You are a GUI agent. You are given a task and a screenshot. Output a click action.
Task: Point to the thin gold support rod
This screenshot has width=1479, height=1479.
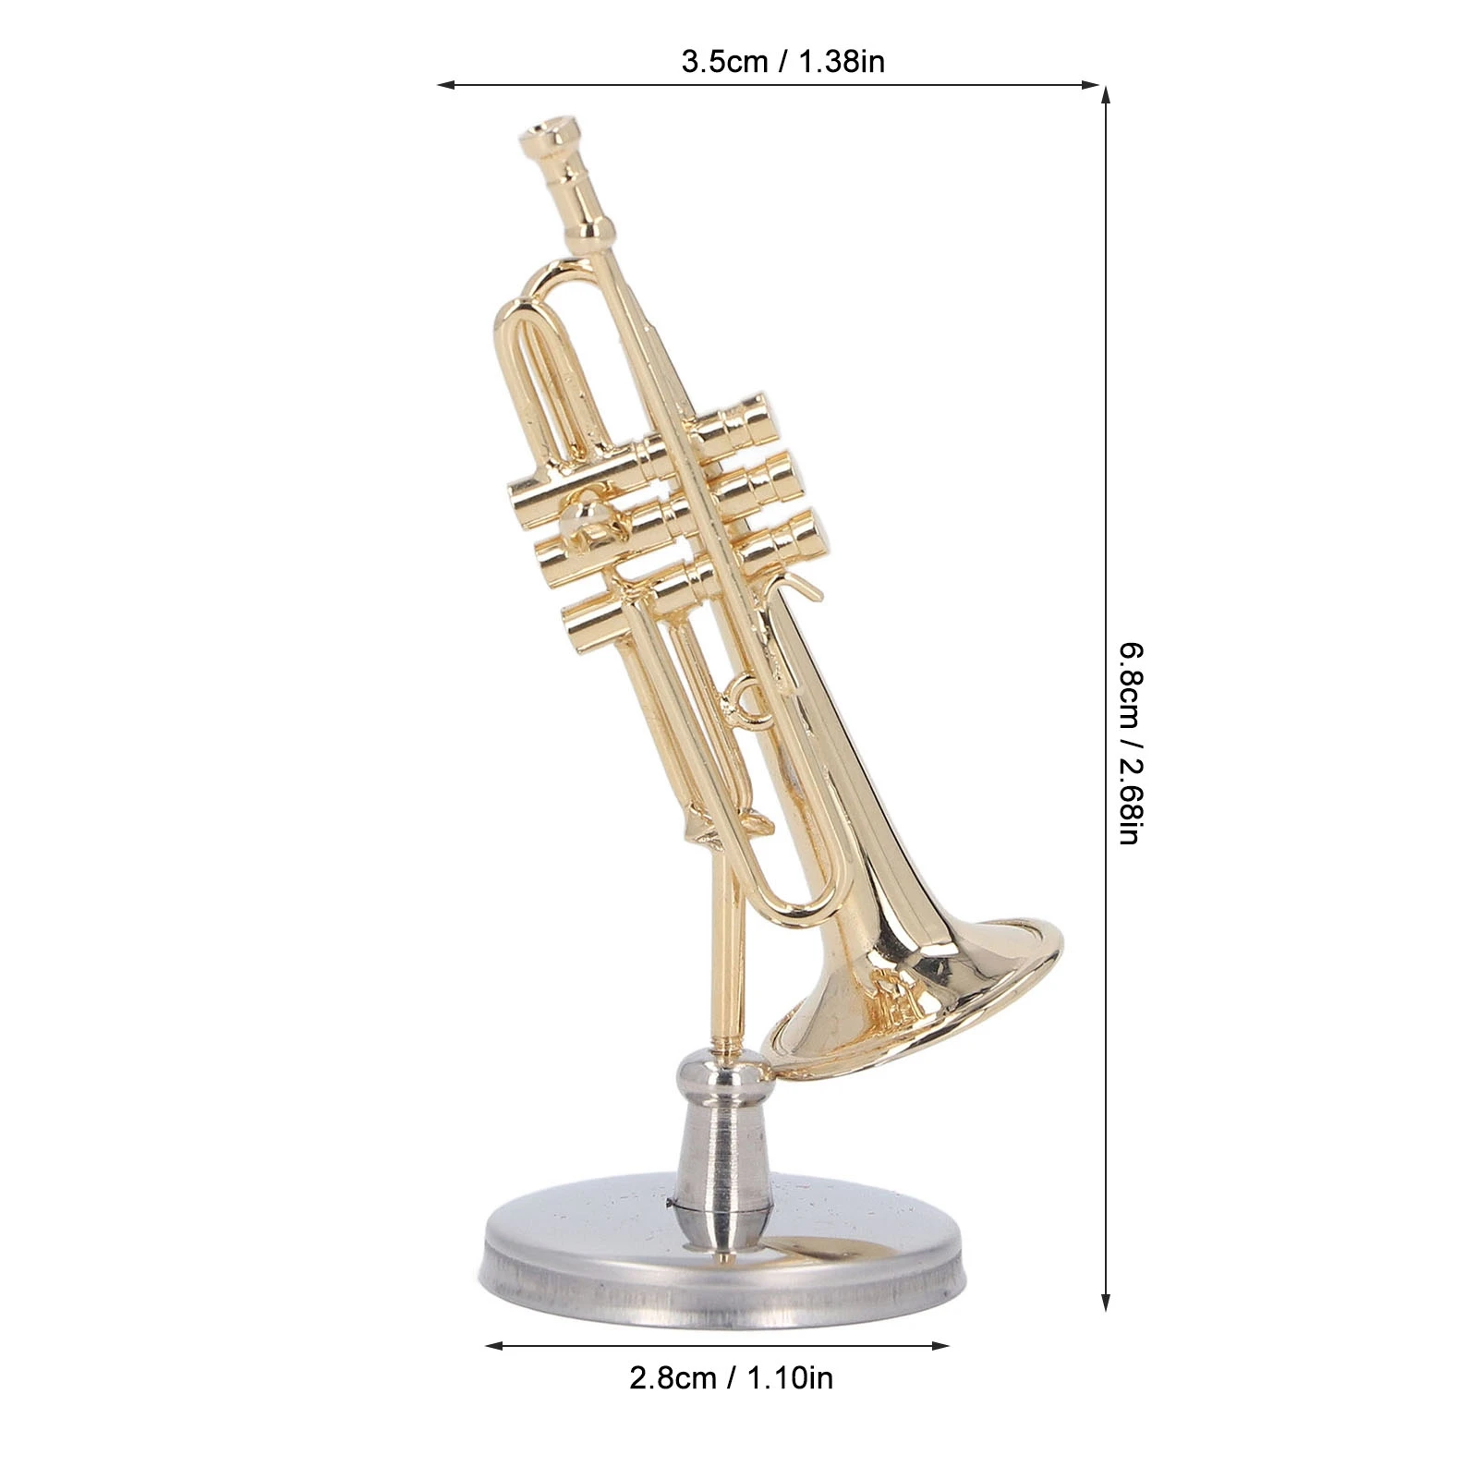[x=725, y=961]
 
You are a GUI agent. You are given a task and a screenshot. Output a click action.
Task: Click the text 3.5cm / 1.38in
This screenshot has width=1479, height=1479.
[x=782, y=62]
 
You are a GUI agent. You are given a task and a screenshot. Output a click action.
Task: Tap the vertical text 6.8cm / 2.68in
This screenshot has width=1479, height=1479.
[x=1132, y=744]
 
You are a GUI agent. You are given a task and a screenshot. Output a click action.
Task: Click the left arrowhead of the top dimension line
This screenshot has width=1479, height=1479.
[x=444, y=85]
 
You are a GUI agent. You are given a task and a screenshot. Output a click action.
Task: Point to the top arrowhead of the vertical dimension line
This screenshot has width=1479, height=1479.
[x=1106, y=93]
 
